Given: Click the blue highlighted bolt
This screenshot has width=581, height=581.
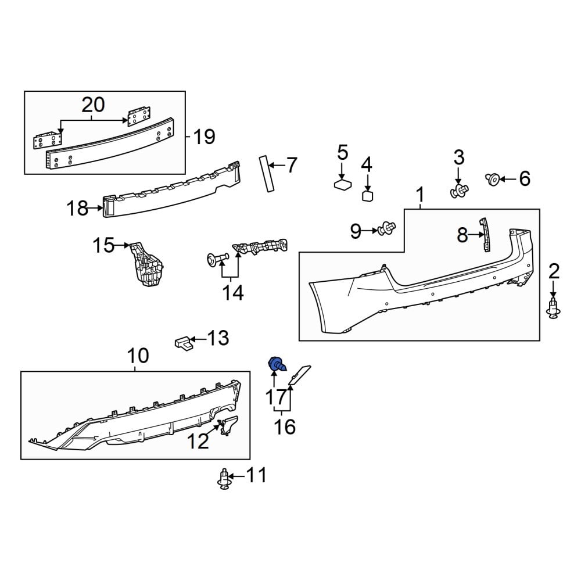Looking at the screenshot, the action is pyautogui.click(x=277, y=364).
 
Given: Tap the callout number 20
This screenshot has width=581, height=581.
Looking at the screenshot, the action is pyautogui.click(x=93, y=105).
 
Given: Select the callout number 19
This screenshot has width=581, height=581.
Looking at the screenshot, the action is pyautogui.click(x=204, y=137).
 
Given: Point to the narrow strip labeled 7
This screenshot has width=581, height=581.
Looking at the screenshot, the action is pyautogui.click(x=267, y=174).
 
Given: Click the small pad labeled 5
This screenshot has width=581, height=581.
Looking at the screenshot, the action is pyautogui.click(x=343, y=184).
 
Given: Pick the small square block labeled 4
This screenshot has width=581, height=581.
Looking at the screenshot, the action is pyautogui.click(x=367, y=196).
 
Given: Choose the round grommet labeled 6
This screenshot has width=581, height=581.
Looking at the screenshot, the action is pyautogui.click(x=493, y=180).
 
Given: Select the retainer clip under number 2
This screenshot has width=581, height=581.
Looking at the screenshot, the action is pyautogui.click(x=554, y=309).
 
